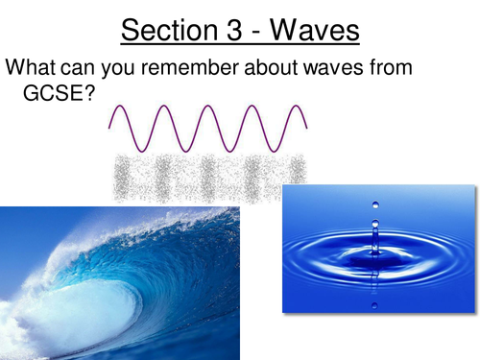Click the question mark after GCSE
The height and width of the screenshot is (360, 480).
pyautogui.click(x=99, y=96)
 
